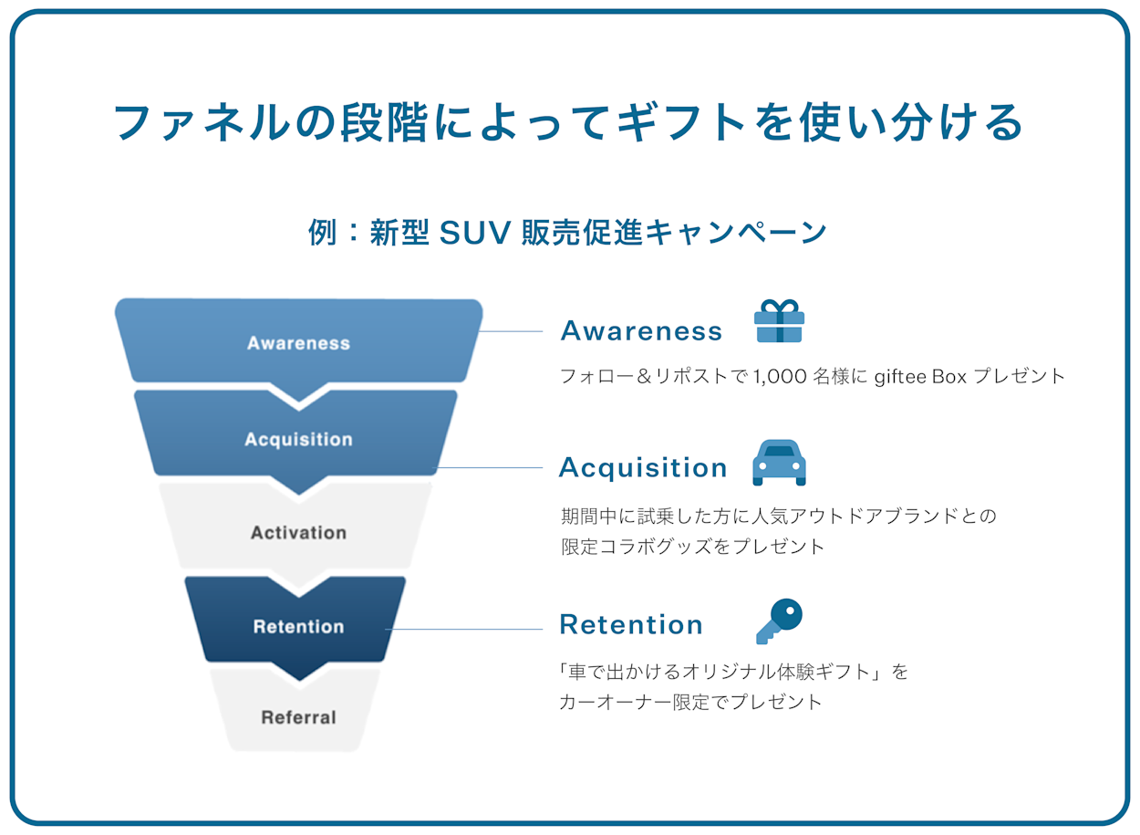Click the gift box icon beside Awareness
coord(779,321)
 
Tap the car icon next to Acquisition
coord(779,463)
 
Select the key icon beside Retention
coord(779,621)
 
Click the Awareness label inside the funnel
coord(298,344)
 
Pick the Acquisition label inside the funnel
coord(298,440)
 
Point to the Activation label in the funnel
coord(298,533)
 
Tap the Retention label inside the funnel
coord(298,627)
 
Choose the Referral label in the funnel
coord(298,718)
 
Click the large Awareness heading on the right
coord(641,331)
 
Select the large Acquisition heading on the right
coord(643,468)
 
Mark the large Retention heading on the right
coord(631,625)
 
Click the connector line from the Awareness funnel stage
coord(511,331)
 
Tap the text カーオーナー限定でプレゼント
coord(690,703)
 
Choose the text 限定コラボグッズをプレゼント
coord(692,547)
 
